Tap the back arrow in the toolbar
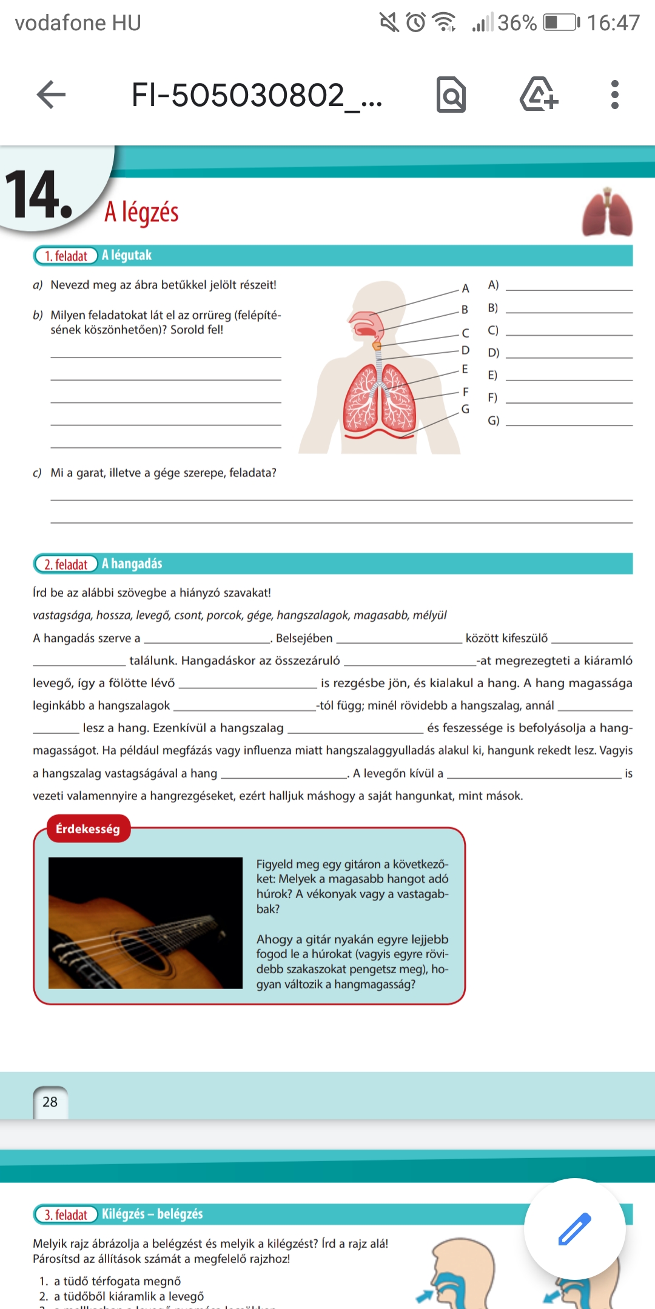click(x=51, y=95)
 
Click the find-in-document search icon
click(x=451, y=95)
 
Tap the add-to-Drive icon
click(x=539, y=95)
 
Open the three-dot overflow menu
click(x=615, y=95)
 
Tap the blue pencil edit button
click(x=574, y=1228)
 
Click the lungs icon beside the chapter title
click(x=607, y=213)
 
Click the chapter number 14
click(x=38, y=195)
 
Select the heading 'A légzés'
click(x=141, y=212)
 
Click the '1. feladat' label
click(x=66, y=256)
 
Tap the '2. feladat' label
click(x=66, y=564)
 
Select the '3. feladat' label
click(x=66, y=1214)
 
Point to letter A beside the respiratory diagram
click(x=465, y=288)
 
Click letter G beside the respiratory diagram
click(x=465, y=409)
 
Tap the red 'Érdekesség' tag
click(x=88, y=828)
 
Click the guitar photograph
click(x=146, y=922)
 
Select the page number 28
click(x=50, y=1102)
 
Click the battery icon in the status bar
click(x=561, y=23)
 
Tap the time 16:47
click(x=613, y=23)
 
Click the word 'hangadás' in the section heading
click(x=136, y=564)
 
